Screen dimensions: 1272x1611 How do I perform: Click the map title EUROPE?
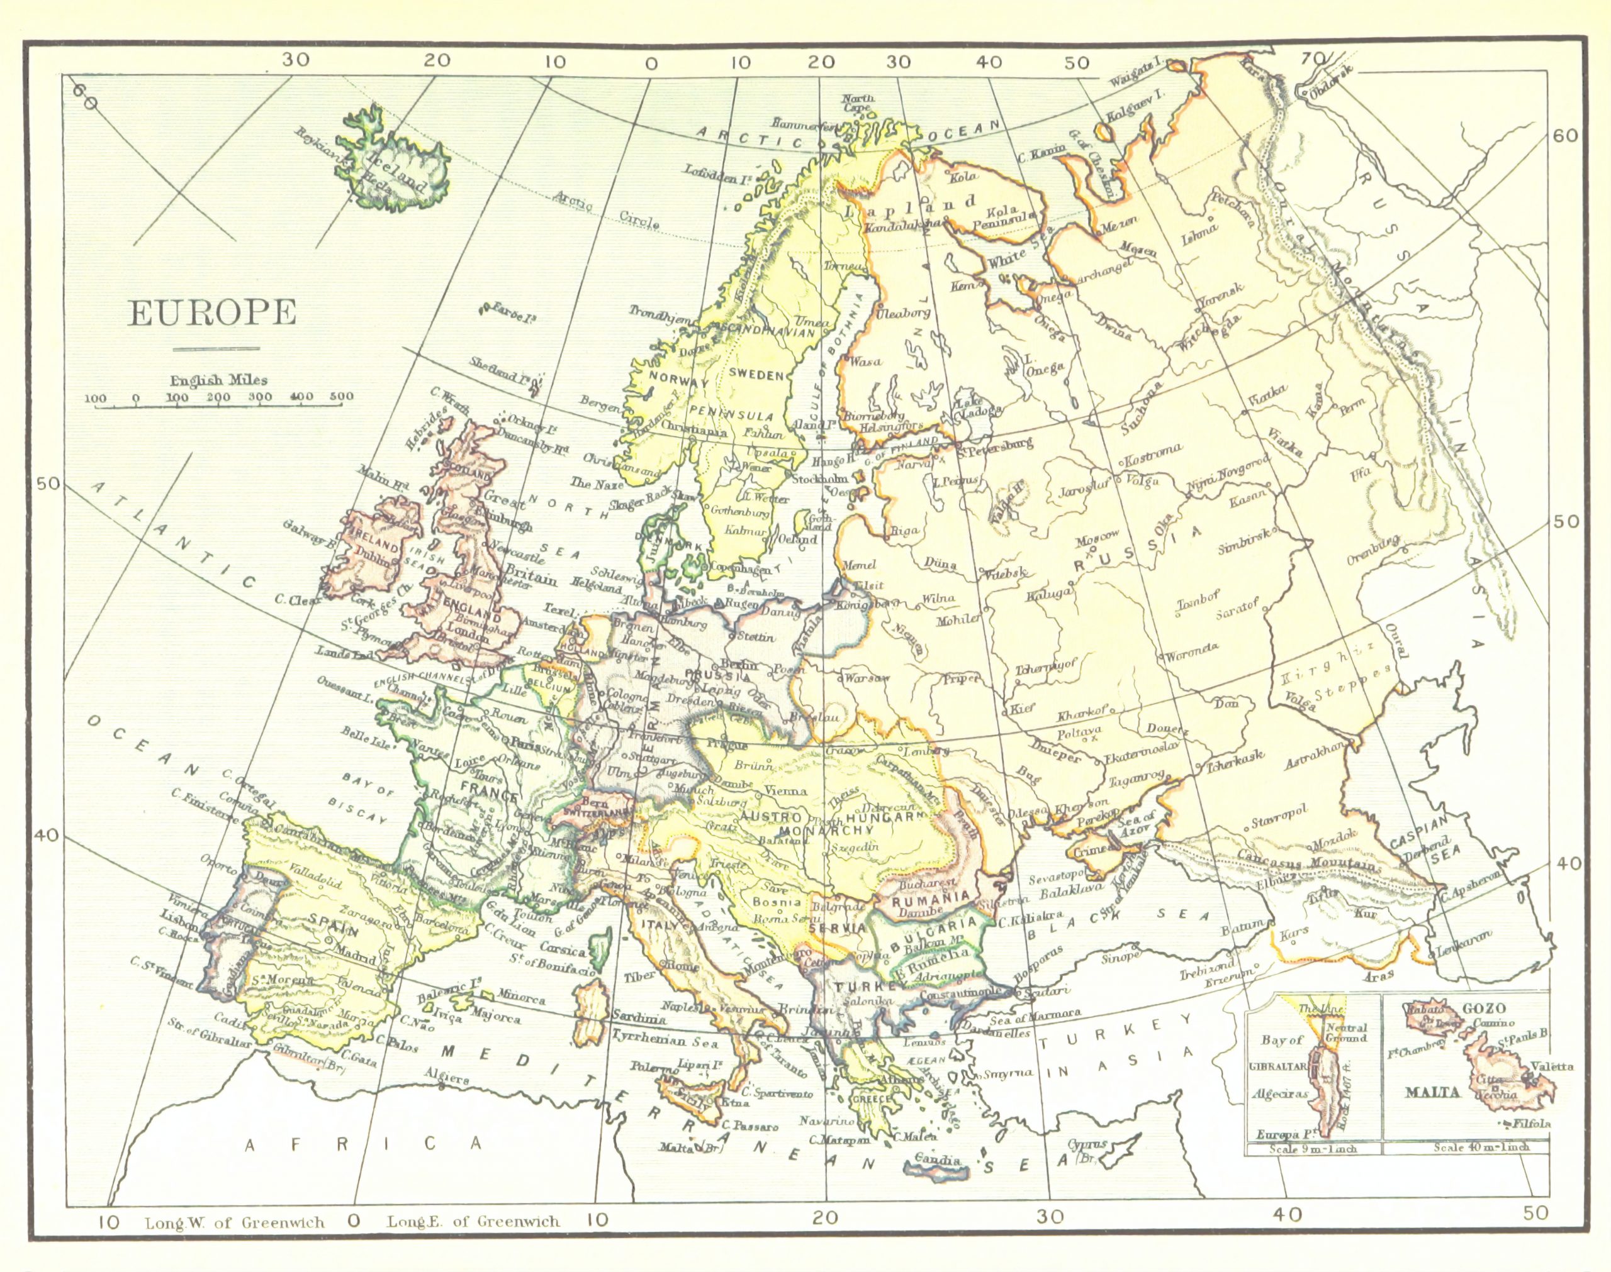[212, 314]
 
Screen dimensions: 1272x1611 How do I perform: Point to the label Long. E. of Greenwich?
[473, 1221]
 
